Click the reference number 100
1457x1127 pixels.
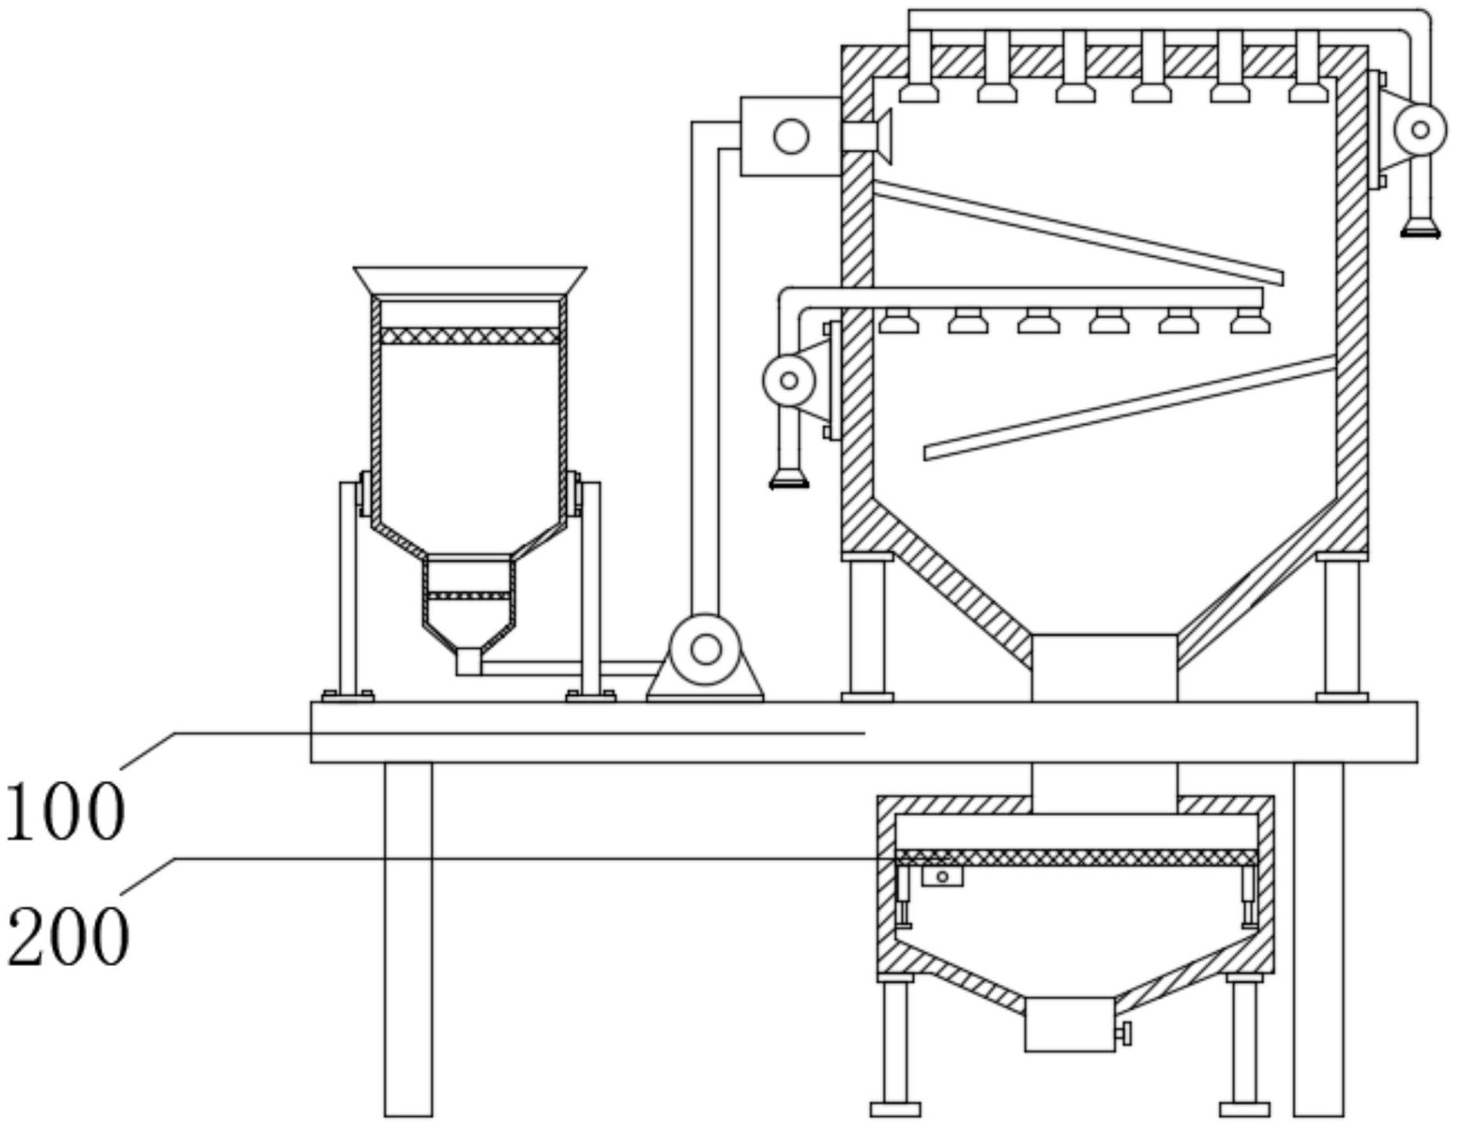pyautogui.click(x=64, y=812)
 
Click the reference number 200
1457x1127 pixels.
pyautogui.click(x=68, y=936)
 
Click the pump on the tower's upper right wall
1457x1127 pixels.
pyautogui.click(x=1419, y=130)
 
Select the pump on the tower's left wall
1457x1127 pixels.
pyautogui.click(x=789, y=381)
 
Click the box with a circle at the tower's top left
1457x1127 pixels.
pyautogui.click(x=790, y=136)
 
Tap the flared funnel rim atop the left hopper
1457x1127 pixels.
pyautogui.click(x=469, y=280)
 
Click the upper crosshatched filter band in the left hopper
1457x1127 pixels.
pyautogui.click(x=469, y=336)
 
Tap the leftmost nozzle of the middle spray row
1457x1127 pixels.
pyautogui.click(x=898, y=322)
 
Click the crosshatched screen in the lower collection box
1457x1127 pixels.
pyautogui.click(x=1076, y=858)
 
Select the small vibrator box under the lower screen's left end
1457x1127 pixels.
pyautogui.click(x=942, y=876)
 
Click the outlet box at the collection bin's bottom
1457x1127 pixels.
pyautogui.click(x=1069, y=1024)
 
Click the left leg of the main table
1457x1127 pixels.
pyautogui.click(x=408, y=939)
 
